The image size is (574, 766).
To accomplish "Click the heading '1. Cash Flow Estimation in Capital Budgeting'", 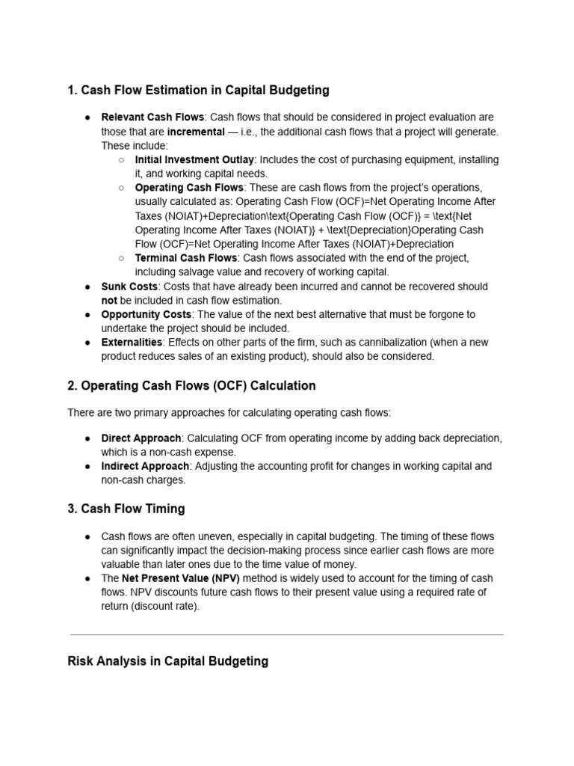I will pyautogui.click(x=198, y=91).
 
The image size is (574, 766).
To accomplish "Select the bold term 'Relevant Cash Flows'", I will pyautogui.click(x=152, y=117).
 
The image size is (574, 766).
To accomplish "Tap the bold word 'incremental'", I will pyautogui.click(x=195, y=132).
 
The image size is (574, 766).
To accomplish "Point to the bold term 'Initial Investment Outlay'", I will pyautogui.click(x=194, y=160).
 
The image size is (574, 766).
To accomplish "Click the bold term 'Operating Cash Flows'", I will pyautogui.click(x=189, y=188).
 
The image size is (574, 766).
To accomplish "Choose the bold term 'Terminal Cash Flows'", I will pyautogui.click(x=185, y=258).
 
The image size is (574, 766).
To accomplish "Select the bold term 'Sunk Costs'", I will pyautogui.click(x=129, y=287).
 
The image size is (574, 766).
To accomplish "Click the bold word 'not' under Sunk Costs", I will pyautogui.click(x=110, y=300).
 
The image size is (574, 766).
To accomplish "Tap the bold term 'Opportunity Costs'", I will pyautogui.click(x=146, y=314).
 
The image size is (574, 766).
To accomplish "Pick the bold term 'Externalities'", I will pyautogui.click(x=132, y=343).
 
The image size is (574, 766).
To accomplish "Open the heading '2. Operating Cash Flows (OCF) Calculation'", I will pyautogui.click(x=191, y=386).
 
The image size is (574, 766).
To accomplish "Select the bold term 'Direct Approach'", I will pyautogui.click(x=141, y=438).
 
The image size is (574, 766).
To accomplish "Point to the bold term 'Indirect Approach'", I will pyautogui.click(x=145, y=466).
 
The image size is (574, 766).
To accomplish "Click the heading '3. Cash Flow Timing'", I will pyautogui.click(x=126, y=509).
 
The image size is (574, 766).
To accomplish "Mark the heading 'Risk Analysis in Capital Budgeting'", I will pyautogui.click(x=167, y=661).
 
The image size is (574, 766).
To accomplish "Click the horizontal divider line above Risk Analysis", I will pyautogui.click(x=287, y=635).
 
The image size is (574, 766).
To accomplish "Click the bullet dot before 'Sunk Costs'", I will pyautogui.click(x=87, y=287).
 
